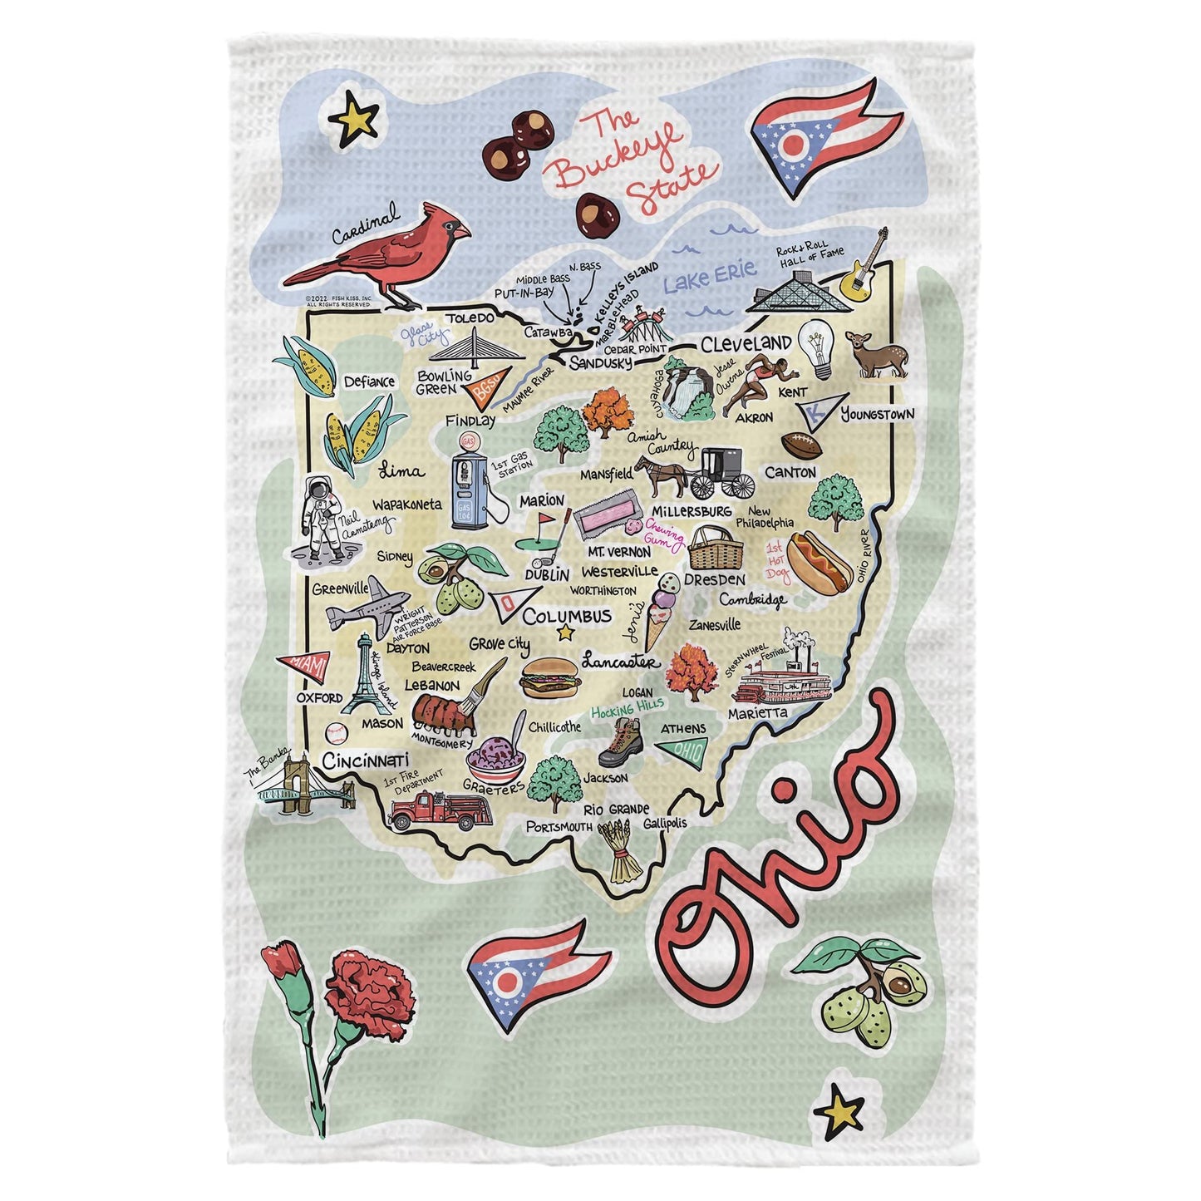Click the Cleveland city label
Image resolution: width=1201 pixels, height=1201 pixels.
tap(746, 343)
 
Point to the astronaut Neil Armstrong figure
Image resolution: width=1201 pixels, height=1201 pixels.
tap(320, 520)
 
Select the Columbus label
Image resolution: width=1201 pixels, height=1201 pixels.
tap(567, 617)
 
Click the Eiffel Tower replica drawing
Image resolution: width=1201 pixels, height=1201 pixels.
tap(366, 675)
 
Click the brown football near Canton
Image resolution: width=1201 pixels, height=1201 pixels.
tap(800, 445)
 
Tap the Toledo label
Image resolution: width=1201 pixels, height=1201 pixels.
tap(470, 317)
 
